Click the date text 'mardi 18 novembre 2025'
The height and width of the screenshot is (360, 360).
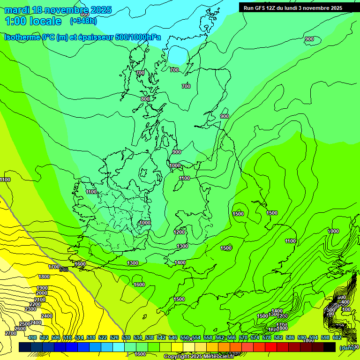coord(58,10)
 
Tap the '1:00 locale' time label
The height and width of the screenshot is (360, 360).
coord(33,21)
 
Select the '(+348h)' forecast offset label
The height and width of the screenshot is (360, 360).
coord(83,21)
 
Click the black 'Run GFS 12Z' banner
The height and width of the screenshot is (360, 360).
coord(293,8)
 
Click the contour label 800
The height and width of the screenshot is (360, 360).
coord(145,99)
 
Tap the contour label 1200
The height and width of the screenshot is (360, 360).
coord(179,232)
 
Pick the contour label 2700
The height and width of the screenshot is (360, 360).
coord(10,333)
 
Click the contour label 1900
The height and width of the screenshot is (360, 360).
coord(42,288)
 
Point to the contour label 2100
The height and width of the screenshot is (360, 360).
coord(40,299)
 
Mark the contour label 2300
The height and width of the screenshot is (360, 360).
coord(30,309)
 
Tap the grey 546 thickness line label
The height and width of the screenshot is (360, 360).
coord(64,269)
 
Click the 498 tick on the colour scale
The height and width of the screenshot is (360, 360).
coord(32,337)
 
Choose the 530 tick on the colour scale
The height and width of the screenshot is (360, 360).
coord(126,337)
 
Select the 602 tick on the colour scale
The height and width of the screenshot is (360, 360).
coord(337,337)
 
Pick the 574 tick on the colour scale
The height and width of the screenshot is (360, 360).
coord(255,337)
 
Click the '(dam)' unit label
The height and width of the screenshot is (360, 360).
coord(347,347)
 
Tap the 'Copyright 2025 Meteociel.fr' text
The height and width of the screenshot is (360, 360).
coord(200,357)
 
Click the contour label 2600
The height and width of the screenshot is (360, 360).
coord(20,329)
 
